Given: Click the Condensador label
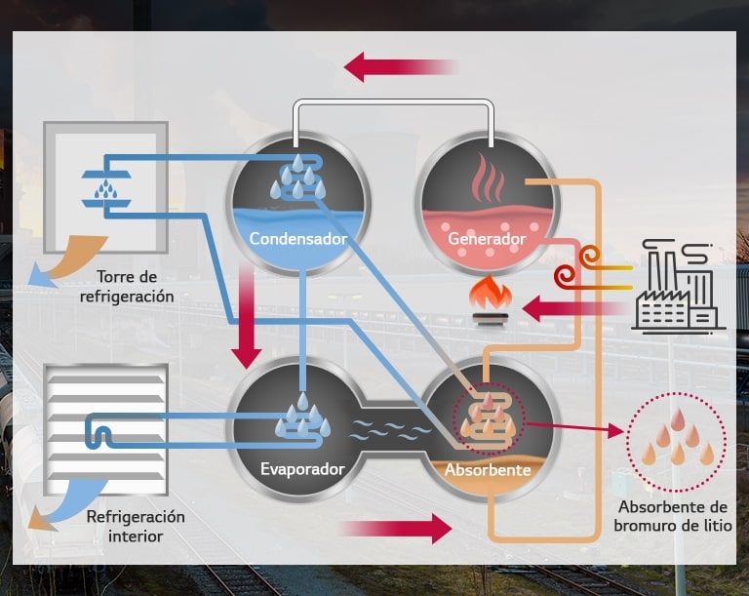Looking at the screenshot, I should tap(297, 238).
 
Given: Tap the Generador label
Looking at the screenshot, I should tap(487, 238).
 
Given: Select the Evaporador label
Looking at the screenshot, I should tap(302, 469).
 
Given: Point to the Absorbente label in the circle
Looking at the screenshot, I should tap(488, 470).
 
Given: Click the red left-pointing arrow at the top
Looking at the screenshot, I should tap(400, 67).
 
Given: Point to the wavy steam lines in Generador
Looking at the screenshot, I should tap(487, 180).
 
